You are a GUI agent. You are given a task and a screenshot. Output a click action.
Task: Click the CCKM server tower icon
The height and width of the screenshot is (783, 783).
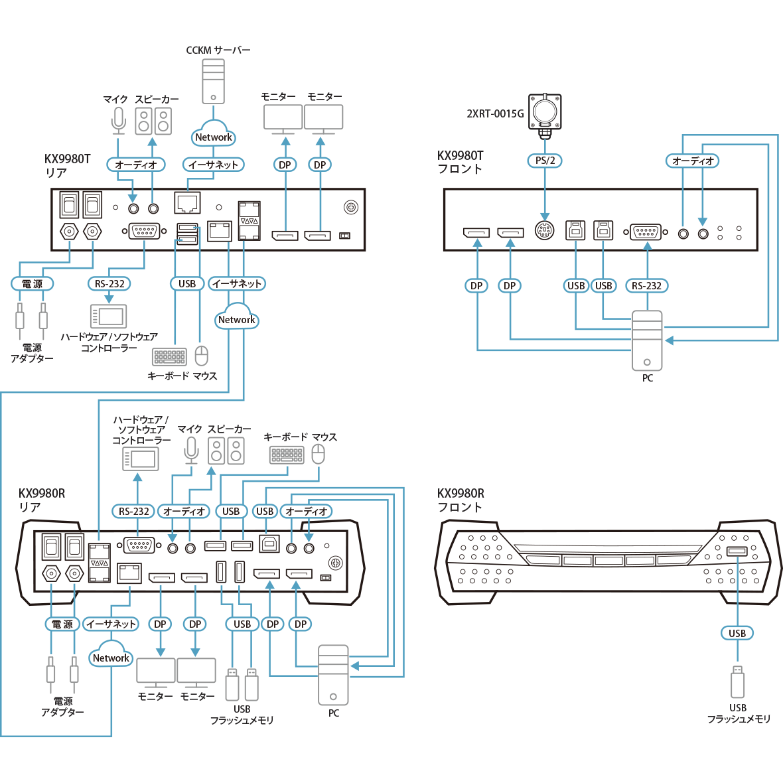click(x=213, y=81)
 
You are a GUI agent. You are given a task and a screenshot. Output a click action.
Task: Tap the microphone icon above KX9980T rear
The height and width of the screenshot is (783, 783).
click(x=118, y=120)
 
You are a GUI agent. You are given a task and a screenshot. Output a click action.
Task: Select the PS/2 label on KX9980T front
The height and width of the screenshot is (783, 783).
click(x=545, y=161)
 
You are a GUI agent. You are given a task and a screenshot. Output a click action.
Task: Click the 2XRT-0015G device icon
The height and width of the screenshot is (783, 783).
click(x=545, y=111)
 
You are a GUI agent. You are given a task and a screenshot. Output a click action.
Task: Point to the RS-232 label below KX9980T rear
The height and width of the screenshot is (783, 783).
click(x=109, y=283)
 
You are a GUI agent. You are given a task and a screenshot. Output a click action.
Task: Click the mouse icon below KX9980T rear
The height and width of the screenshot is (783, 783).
click(x=201, y=356)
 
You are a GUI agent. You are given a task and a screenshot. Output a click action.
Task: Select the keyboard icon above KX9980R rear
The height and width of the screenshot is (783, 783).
click(x=287, y=455)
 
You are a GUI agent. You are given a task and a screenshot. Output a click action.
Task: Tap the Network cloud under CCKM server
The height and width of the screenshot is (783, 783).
click(x=214, y=136)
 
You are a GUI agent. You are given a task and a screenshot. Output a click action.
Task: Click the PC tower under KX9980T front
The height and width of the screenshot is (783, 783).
click(x=647, y=340)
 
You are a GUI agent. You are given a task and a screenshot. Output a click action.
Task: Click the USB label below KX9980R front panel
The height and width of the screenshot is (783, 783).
click(x=737, y=633)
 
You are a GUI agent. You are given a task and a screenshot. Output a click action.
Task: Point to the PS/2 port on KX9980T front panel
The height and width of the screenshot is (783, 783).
click(x=545, y=231)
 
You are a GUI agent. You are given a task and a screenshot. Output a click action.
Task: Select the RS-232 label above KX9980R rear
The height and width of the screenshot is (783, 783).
click(x=134, y=511)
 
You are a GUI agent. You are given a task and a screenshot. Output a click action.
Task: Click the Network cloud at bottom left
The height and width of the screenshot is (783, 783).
click(x=111, y=657)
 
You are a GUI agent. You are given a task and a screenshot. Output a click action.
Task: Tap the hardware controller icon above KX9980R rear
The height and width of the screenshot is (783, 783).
click(x=141, y=459)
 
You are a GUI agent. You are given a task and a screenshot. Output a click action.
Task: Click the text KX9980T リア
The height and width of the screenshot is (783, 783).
click(x=67, y=166)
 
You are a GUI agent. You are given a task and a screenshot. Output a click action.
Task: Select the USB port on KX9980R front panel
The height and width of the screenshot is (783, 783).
click(x=737, y=551)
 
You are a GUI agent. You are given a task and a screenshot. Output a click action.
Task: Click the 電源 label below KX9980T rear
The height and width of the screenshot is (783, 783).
click(x=33, y=283)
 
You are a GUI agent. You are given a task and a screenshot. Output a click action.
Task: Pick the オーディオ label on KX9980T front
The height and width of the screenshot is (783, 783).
click(x=693, y=161)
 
